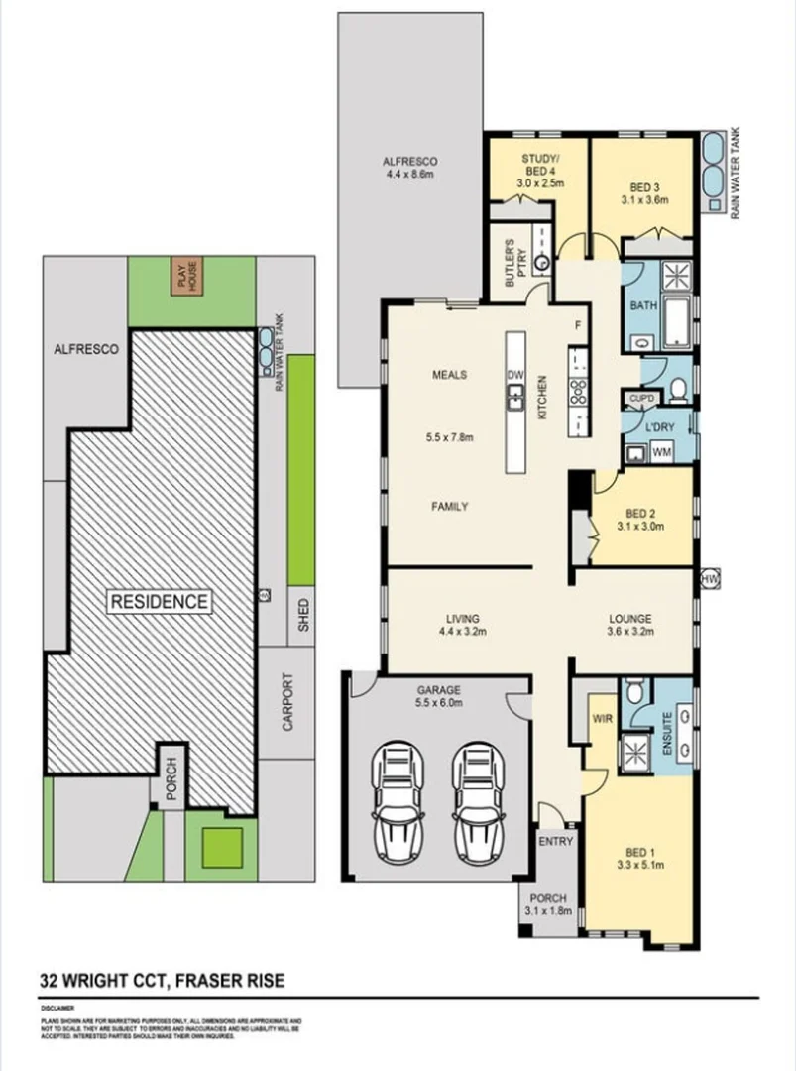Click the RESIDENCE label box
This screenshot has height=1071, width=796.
click(159, 601)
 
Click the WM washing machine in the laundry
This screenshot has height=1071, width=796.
click(661, 452)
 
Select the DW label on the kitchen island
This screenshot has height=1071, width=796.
click(514, 376)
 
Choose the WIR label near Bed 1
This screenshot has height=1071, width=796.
click(601, 716)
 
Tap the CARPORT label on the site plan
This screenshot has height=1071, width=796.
click(288, 702)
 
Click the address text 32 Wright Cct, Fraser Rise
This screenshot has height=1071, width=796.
click(163, 981)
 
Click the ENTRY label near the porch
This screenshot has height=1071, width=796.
click(555, 841)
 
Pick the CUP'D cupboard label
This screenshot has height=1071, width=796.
click(641, 398)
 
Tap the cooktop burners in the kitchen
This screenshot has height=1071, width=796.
click(576, 391)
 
